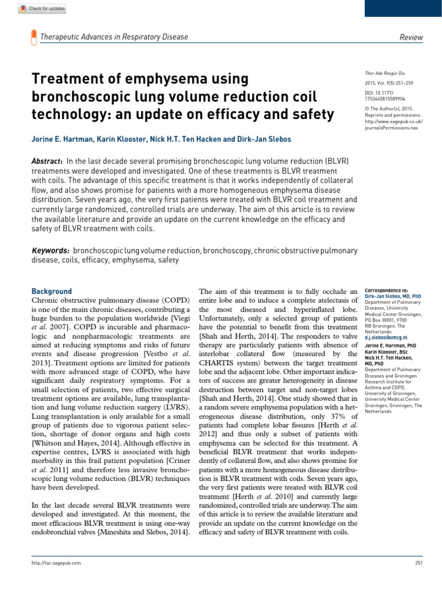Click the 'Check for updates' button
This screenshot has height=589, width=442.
pyautogui.click(x=43, y=9)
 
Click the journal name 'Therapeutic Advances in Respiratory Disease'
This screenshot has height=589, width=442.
pyautogui.click(x=114, y=37)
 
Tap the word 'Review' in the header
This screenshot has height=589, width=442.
pyautogui.click(x=411, y=37)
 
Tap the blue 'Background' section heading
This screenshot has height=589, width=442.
pyautogui.click(x=51, y=292)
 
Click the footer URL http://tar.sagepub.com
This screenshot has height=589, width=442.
pyautogui.click(x=56, y=563)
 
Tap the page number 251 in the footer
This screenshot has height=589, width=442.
pyautogui.click(x=418, y=563)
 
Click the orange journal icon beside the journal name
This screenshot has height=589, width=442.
pyautogui.click(x=32, y=37)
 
